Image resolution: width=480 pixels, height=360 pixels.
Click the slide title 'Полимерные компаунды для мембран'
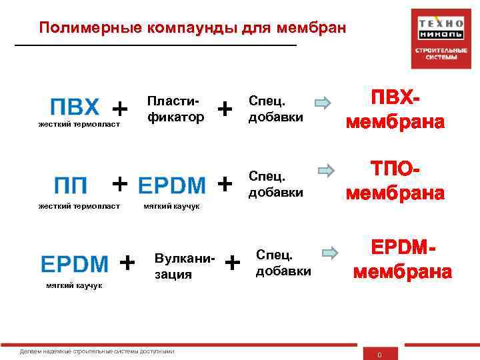193,28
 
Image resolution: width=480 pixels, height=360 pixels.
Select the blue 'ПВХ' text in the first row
75,107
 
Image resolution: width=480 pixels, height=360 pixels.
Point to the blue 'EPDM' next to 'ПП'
171,183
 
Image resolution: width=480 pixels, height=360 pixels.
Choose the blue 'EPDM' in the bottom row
75,263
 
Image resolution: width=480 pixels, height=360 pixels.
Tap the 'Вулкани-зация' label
182,265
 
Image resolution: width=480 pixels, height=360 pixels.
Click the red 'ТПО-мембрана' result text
395,181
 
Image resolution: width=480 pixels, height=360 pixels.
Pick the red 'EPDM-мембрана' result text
402,261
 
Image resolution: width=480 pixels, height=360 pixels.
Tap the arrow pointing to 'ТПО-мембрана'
326,170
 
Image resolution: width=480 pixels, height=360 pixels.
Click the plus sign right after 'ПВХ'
120,107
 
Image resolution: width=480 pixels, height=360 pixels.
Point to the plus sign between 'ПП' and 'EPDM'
120,182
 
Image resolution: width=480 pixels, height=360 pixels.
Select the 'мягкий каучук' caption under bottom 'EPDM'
74,285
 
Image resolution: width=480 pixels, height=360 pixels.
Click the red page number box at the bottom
379,354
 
